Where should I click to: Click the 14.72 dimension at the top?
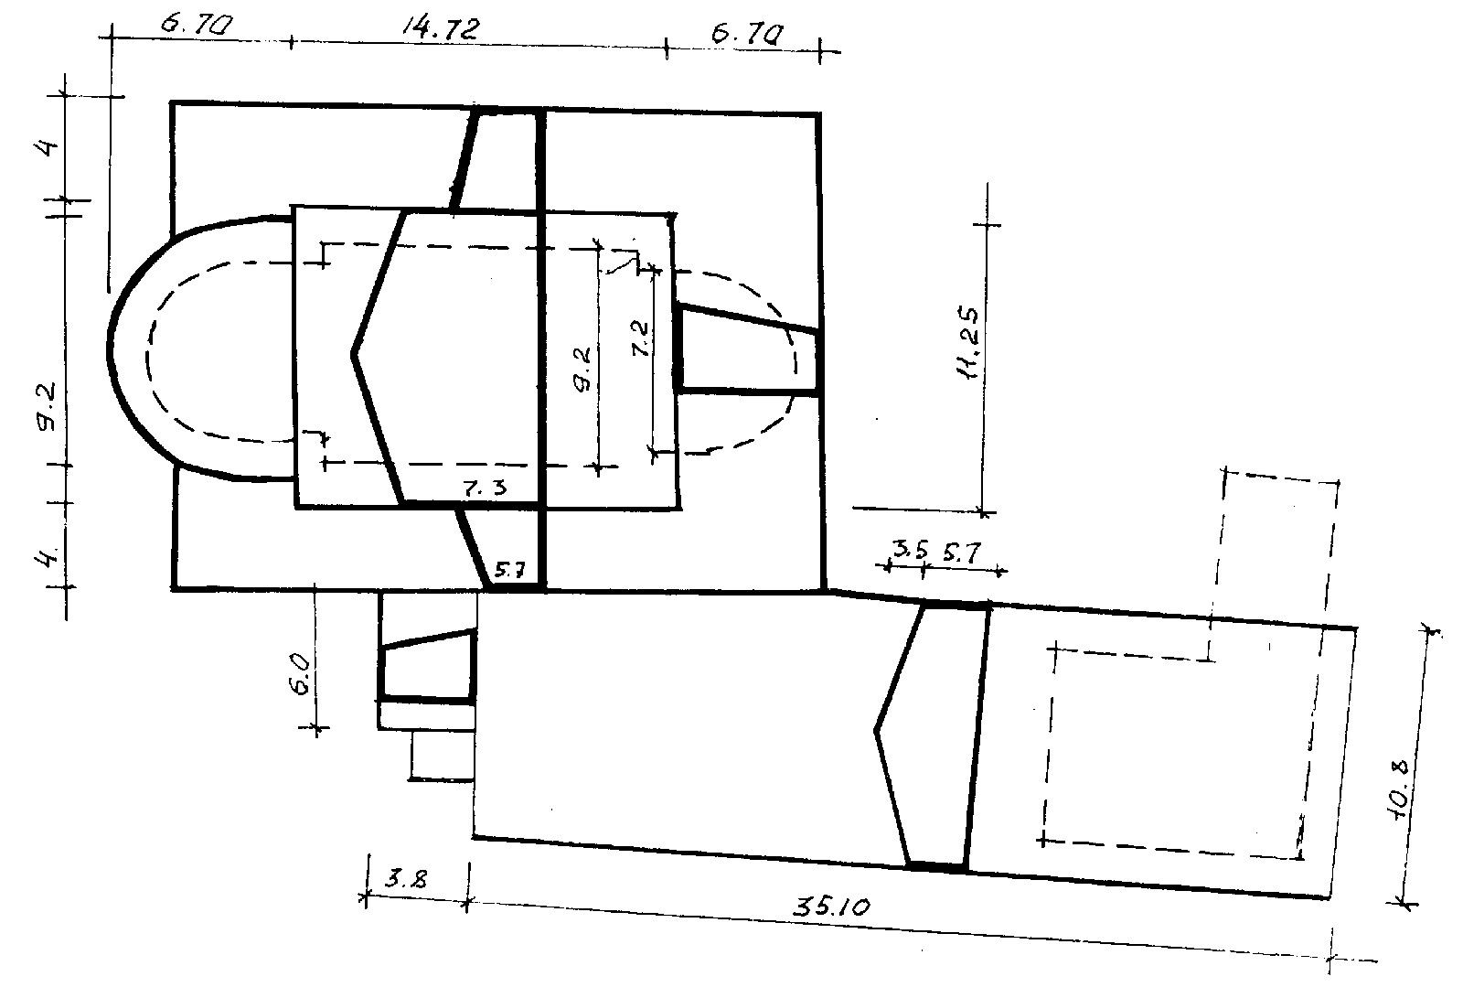[440, 29]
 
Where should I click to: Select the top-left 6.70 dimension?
[197, 25]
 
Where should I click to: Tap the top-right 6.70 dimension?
[747, 34]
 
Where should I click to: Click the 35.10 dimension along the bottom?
[831, 907]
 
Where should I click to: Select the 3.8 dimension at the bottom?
[406, 879]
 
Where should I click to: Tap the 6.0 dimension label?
[303, 676]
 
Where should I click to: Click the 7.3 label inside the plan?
[485, 488]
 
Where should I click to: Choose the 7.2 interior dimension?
[640, 338]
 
